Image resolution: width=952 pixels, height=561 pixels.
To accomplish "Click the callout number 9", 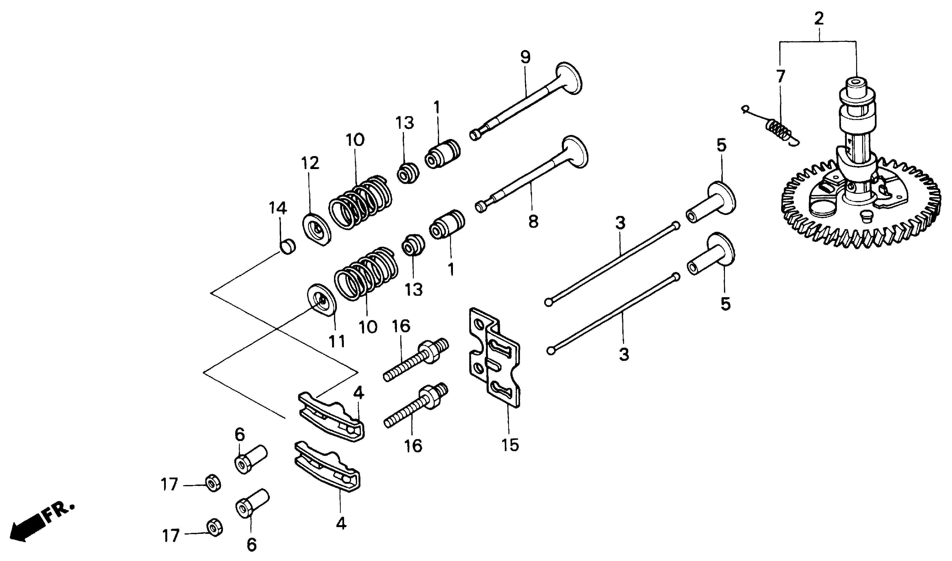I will pos(525,57).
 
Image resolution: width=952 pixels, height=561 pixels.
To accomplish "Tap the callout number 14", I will pos(278,208).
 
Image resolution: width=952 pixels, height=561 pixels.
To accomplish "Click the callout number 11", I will pos(337,341).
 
